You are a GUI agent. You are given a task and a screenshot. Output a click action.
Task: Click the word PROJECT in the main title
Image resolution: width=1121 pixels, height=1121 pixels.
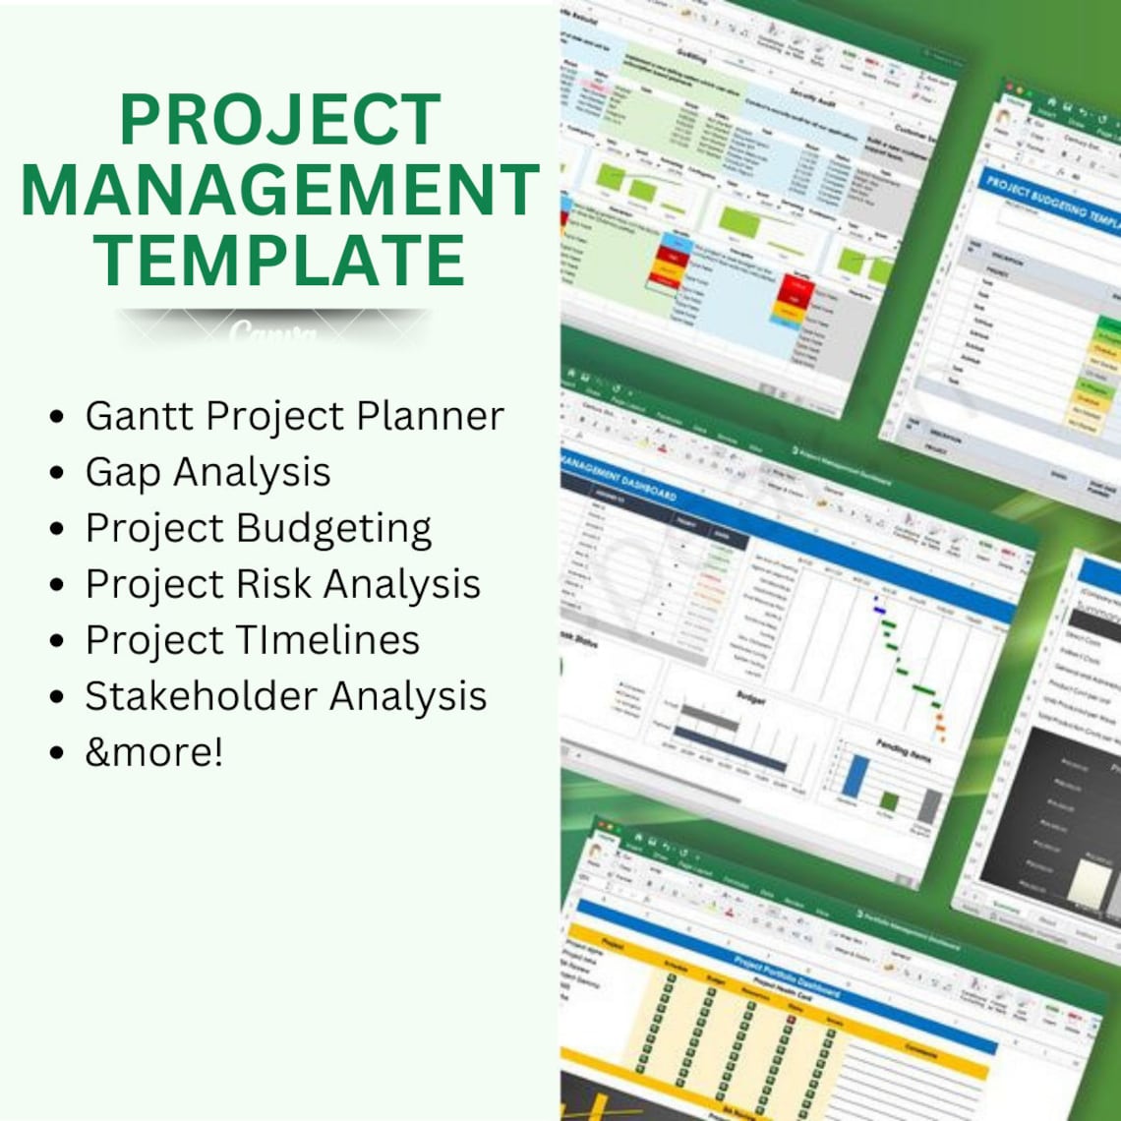(279, 120)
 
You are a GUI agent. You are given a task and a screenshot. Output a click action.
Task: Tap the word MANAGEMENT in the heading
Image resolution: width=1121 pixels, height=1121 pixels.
(279, 190)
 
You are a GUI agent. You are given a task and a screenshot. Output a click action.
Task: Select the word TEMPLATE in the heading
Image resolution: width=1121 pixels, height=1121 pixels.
(279, 260)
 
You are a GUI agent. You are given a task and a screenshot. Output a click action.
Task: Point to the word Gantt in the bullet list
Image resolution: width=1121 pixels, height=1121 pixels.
(139, 416)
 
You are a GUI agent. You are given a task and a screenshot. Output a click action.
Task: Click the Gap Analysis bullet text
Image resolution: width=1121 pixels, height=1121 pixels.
(207, 473)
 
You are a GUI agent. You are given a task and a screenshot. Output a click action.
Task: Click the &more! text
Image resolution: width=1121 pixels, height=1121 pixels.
(154, 752)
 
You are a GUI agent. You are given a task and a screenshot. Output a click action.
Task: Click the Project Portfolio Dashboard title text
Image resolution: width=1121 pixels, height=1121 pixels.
(787, 977)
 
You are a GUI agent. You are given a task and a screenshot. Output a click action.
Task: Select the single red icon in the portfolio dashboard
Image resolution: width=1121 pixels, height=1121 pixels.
(789, 1022)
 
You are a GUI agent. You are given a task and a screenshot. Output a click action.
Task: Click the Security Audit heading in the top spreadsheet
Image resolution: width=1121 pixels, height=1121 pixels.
(819, 91)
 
